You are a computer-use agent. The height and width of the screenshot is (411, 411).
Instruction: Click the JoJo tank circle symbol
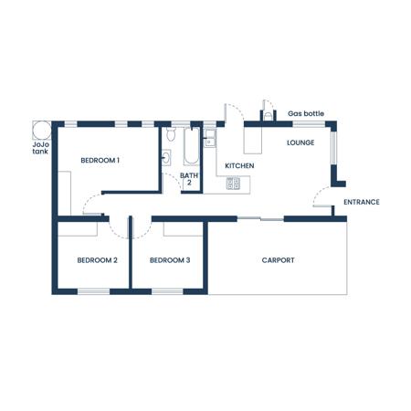[42, 131]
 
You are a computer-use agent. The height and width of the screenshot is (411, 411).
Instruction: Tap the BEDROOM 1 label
[100, 161]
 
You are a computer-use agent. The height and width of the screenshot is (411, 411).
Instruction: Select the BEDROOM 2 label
[97, 260]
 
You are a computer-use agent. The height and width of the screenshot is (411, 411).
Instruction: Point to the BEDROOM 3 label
[170, 260]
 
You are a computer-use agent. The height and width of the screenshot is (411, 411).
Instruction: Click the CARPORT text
[278, 260]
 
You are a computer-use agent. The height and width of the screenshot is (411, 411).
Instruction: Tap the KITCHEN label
[239, 166]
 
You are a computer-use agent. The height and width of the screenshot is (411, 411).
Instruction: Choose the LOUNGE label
[300, 142]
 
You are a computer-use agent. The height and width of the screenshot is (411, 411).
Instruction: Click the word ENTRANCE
[362, 202]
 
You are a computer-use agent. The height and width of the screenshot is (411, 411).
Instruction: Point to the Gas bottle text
[306, 114]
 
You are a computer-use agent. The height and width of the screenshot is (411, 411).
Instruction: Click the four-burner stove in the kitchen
[233, 184]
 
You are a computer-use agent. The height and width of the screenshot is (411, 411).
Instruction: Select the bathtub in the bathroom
[192, 146]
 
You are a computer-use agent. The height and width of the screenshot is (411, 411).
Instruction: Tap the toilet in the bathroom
[171, 134]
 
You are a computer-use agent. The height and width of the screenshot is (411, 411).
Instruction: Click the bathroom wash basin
[166, 158]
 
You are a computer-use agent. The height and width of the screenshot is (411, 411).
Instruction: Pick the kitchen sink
[210, 139]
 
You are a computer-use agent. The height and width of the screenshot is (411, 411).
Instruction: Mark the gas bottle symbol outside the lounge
[268, 116]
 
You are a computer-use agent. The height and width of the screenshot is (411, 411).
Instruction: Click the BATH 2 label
[189, 179]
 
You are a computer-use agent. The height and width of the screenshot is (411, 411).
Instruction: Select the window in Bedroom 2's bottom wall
[93, 291]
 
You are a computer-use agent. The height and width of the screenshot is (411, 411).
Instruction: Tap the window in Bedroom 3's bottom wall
[167, 291]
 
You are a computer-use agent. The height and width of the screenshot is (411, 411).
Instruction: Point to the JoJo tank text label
[41, 148]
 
